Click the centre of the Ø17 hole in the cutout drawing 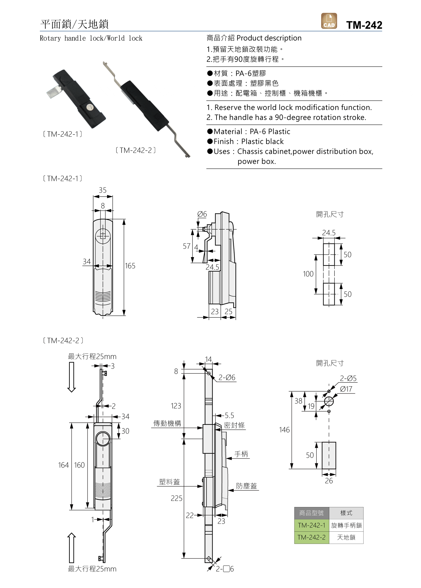(329, 401)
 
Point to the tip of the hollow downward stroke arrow (72, 392)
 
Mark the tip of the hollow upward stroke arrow (72, 533)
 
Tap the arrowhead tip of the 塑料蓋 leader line (203, 486)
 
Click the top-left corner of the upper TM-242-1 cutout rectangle (323, 243)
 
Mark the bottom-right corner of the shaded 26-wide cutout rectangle (336, 469)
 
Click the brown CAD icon (329, 21)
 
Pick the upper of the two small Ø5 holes (329, 391)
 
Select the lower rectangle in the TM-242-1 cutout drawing (329, 294)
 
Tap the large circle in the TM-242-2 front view (103, 439)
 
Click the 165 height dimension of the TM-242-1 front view (130, 266)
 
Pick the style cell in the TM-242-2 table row (346, 537)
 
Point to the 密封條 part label (234, 425)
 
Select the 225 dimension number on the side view (177, 498)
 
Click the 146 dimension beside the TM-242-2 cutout (284, 430)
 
